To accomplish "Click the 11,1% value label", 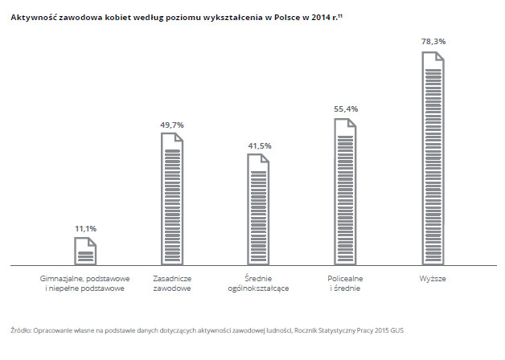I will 86,229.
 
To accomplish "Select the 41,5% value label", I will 259,145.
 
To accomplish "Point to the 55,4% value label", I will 346,108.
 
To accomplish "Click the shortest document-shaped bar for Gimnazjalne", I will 85,251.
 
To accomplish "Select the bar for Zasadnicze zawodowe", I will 172,198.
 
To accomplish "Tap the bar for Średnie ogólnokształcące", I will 259,209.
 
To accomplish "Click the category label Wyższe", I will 433,278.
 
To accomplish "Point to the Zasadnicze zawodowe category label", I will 172,283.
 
